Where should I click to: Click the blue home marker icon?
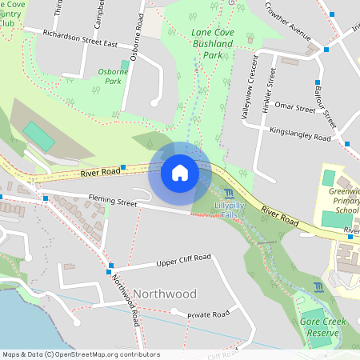point(180,172)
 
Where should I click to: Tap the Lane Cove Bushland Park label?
point(195,45)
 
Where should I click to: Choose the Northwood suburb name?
point(164,293)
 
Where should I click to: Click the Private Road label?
point(209,315)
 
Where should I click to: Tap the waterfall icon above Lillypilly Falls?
point(230,194)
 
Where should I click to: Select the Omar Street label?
point(294,107)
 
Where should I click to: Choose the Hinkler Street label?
point(270,90)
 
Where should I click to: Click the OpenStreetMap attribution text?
point(80,354)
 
